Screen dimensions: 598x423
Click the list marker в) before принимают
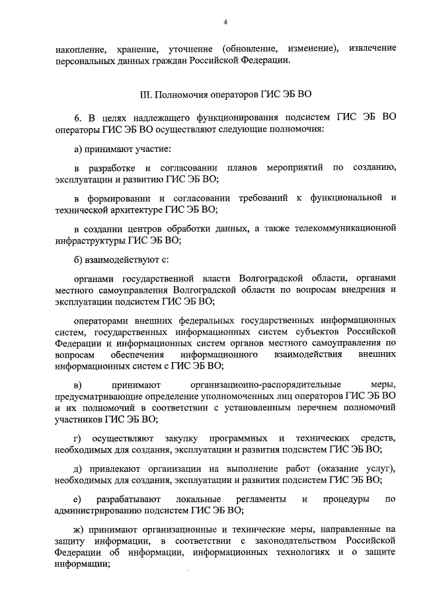tap(77, 384)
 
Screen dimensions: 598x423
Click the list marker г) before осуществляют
tap(77, 438)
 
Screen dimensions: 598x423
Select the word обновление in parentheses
tap(254, 48)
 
